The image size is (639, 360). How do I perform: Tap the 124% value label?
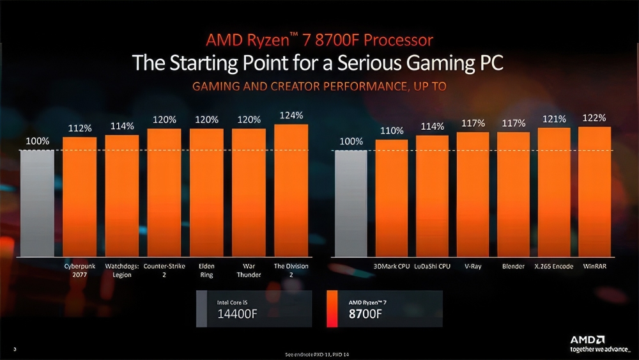pos(291,115)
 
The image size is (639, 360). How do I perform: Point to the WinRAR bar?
pos(594,191)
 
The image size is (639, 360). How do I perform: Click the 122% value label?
pos(594,118)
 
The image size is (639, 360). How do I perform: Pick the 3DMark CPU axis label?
pos(391,266)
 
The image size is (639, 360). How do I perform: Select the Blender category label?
pos(513,266)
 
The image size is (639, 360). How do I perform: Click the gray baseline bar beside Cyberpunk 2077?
pos(37,203)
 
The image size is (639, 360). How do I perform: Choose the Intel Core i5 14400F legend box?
pos(254,309)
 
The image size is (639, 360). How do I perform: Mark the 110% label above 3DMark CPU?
pos(392,130)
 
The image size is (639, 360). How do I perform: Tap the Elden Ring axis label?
pos(206,270)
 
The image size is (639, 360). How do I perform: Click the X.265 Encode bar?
pos(553,192)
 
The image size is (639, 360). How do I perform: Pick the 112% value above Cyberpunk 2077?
pos(80,129)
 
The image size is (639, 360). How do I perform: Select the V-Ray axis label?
pos(473,266)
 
